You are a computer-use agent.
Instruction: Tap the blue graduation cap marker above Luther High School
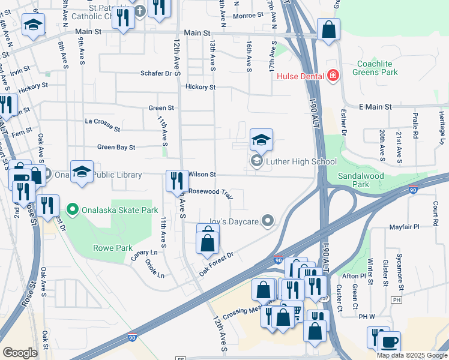coord(261,140)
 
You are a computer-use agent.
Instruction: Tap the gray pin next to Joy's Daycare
coord(268,222)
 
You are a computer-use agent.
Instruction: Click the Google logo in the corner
coord(20,353)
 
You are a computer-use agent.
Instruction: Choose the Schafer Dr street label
coord(161,73)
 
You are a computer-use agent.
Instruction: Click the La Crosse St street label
coord(102,124)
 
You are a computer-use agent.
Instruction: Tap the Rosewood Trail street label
coord(210,193)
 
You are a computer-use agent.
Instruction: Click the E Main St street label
coord(375,106)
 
